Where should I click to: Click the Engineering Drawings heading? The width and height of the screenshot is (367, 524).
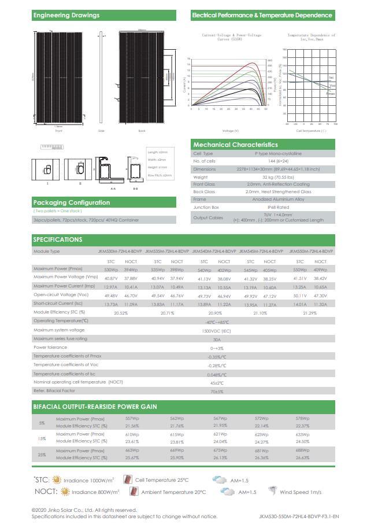[x=66, y=16]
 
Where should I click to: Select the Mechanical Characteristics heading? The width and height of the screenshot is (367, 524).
[x=235, y=145]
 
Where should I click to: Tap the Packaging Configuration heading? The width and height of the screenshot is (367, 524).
[x=72, y=202]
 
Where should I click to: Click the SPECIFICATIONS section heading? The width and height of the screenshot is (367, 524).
[x=58, y=239]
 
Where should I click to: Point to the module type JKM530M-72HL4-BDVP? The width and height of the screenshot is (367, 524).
[x=120, y=252]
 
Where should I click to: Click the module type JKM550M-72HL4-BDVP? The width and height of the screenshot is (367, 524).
[x=311, y=252]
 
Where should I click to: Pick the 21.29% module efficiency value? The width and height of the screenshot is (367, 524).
[x=309, y=313]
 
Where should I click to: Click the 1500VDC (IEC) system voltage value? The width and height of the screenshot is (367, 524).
[x=217, y=330]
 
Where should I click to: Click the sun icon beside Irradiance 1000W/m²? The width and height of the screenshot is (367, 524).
[x=56, y=480]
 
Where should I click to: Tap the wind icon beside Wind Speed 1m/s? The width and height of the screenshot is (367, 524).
[x=272, y=492]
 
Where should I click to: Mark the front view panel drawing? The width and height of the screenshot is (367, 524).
[x=58, y=77]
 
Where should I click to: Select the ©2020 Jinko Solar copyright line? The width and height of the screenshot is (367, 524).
[x=84, y=510]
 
